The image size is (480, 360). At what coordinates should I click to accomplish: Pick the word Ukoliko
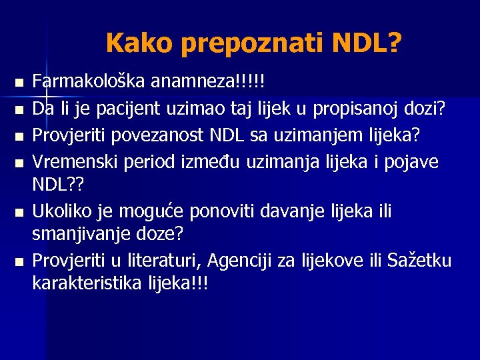click(x=63, y=212)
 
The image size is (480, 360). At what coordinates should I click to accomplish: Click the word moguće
click(x=154, y=212)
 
